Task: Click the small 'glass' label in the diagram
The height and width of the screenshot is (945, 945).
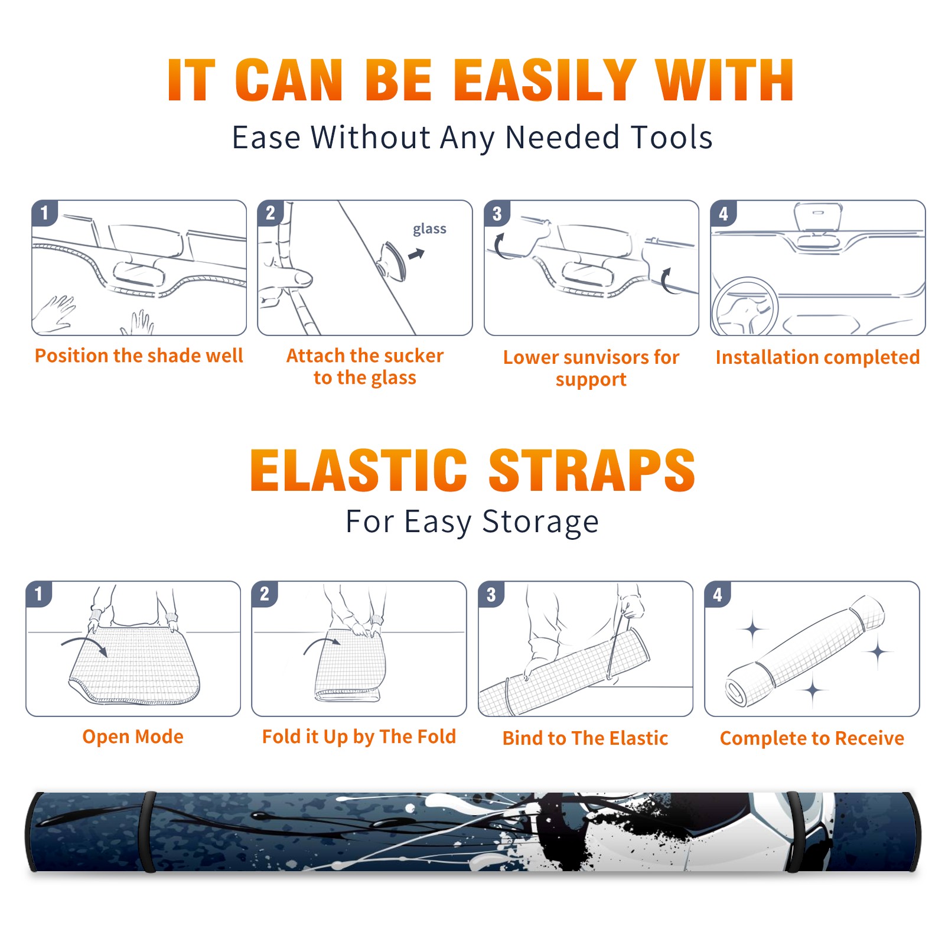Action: (429, 229)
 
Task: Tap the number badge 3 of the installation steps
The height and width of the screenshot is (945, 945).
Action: (497, 214)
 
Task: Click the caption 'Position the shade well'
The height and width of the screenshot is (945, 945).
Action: (139, 356)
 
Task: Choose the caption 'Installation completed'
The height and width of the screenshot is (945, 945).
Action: (817, 357)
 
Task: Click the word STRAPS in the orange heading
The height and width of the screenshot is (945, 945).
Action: (592, 470)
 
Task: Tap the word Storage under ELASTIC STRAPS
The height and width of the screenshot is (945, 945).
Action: (540, 522)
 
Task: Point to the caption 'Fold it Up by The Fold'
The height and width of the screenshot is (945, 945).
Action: (359, 737)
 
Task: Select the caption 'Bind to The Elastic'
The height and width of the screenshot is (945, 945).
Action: (585, 738)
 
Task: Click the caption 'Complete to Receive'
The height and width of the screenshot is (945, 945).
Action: (812, 738)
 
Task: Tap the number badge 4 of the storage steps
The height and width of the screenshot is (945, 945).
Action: (718, 594)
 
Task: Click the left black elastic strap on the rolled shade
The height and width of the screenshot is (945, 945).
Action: (148, 832)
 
